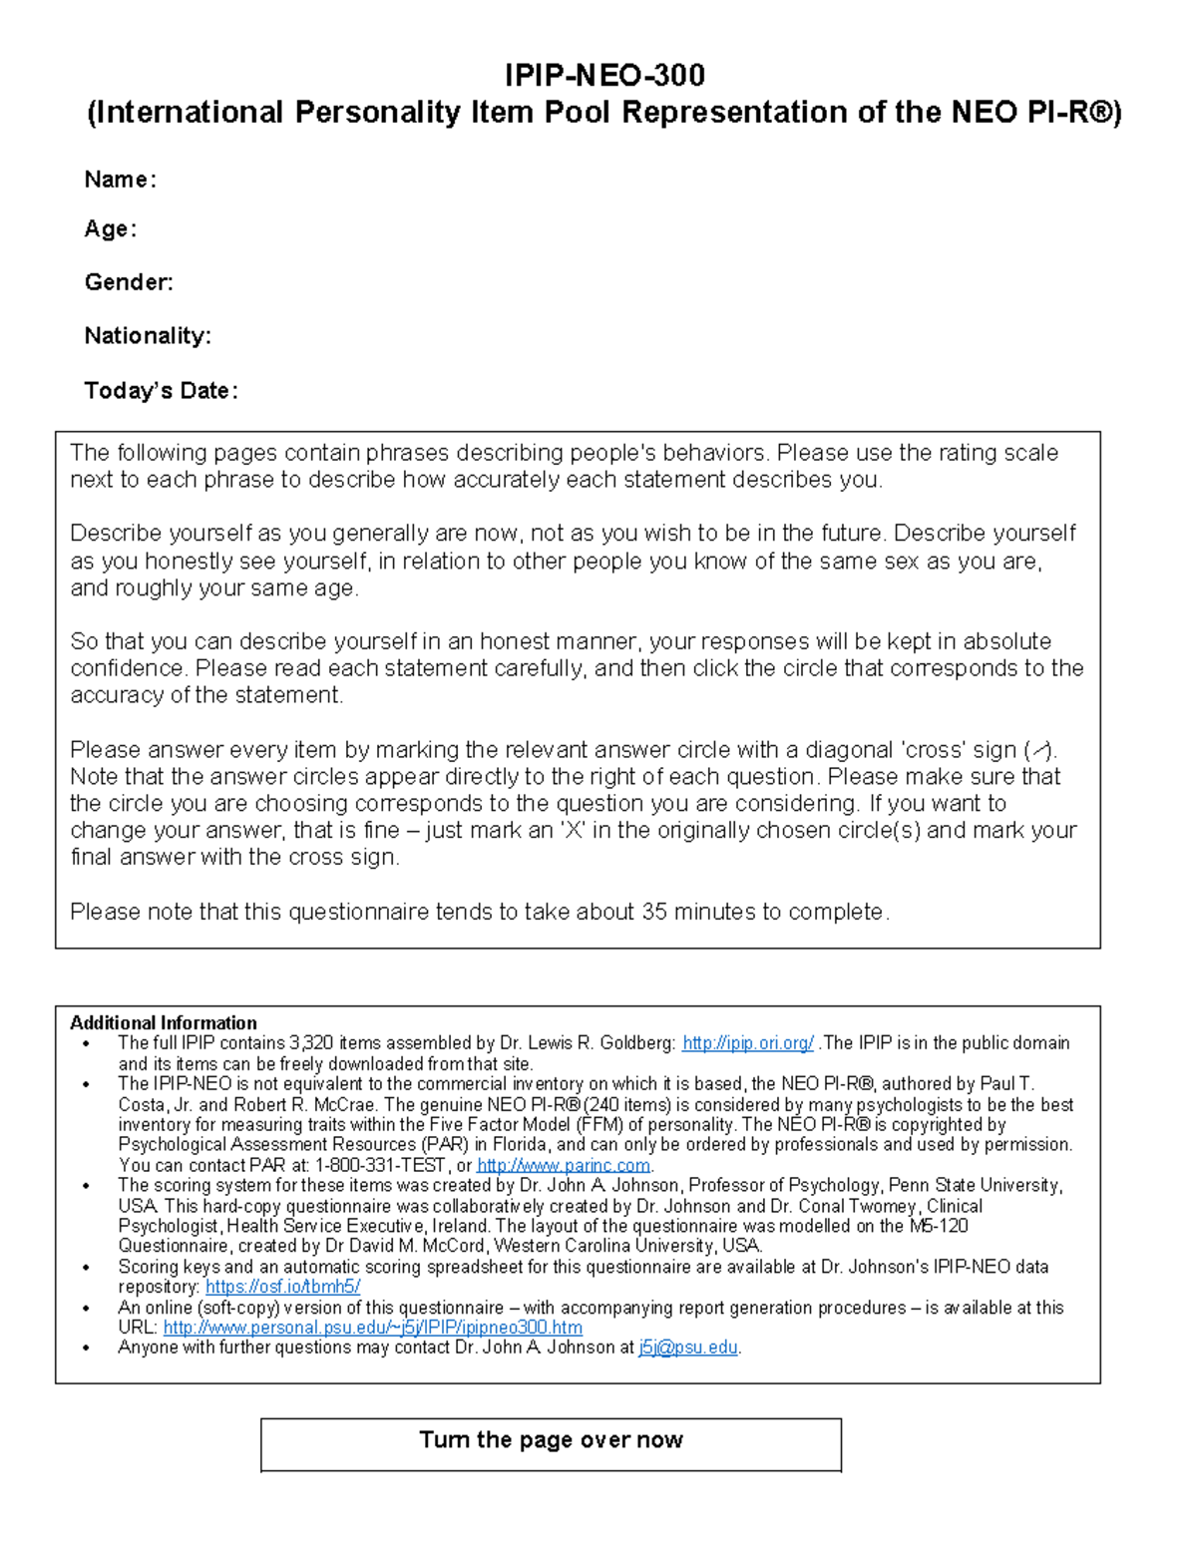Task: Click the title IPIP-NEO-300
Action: (604, 75)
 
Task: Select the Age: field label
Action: (110, 229)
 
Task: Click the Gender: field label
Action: (129, 282)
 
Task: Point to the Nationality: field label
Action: (148, 336)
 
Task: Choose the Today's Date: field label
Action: (161, 390)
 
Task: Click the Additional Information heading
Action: (164, 1022)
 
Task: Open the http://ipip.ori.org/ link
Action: (747, 1043)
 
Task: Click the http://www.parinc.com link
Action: (564, 1165)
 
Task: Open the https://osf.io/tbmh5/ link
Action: (282, 1287)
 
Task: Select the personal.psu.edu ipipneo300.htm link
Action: (372, 1328)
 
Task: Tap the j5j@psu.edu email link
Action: (688, 1348)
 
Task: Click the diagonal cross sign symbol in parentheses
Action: (1039, 750)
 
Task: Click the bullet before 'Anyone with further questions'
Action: (88, 1349)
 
